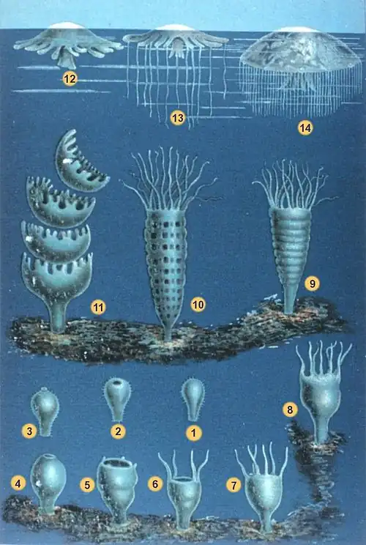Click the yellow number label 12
click(70, 79)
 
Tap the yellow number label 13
click(176, 117)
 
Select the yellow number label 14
click(305, 127)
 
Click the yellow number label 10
click(197, 303)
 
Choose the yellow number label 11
click(97, 308)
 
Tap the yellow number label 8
click(291, 410)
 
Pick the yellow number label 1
click(193, 432)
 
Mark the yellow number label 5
click(87, 485)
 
